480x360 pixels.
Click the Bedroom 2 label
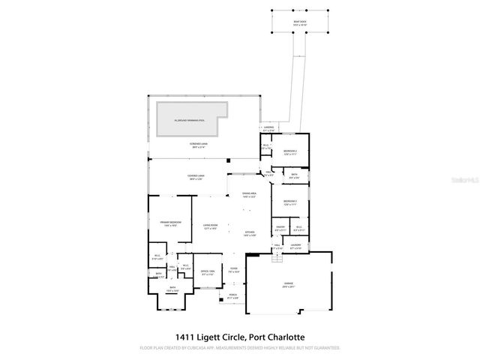tap(290, 152)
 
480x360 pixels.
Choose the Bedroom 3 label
tap(290, 202)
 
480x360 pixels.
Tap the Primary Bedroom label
tap(169, 223)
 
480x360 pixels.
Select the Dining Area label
tap(249, 195)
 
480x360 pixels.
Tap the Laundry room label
tap(295, 245)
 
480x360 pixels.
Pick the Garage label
tap(289, 283)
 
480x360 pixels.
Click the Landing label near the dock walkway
tap(268, 129)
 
